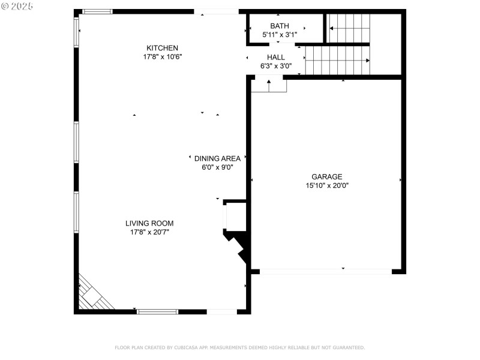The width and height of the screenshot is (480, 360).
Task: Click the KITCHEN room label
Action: (162, 48)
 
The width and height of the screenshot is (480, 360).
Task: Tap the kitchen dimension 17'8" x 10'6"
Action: (162, 57)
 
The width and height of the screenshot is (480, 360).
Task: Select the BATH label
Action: (279, 26)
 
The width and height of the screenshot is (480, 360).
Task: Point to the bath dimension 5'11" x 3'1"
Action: (280, 35)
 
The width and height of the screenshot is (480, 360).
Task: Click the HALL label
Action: (276, 57)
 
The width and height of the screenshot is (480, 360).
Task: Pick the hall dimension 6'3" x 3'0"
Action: (276, 66)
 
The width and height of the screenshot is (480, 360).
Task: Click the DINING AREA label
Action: (217, 158)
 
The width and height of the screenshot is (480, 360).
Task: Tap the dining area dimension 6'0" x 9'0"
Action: (217, 167)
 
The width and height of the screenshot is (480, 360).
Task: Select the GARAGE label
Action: (326, 176)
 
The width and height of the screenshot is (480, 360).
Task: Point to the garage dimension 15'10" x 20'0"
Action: (326, 185)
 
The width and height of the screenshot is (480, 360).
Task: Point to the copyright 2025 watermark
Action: (17, 5)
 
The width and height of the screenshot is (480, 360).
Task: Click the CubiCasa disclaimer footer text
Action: (239, 347)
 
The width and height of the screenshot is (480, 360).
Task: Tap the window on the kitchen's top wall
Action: (97, 11)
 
